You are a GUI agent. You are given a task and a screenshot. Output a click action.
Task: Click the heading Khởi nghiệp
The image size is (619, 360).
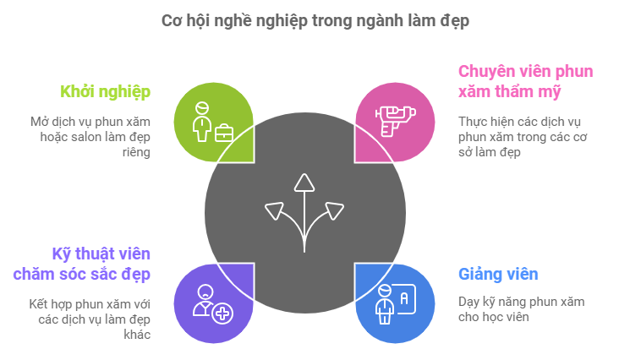pos(105,91)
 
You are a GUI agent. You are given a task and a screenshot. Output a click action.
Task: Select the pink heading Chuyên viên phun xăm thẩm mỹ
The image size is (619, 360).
pos(524,81)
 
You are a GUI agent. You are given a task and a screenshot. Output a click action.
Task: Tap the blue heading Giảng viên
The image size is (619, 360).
pos(497,275)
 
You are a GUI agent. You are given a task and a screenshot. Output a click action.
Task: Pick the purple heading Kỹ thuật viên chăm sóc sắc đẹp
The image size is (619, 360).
pos(82,264)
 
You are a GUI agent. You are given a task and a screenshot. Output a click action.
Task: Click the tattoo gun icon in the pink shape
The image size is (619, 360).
pos(393,121)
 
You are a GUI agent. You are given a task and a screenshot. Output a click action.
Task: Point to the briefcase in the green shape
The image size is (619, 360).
pos(224,133)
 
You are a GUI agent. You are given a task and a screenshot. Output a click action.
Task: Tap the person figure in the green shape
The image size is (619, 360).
pos(201,122)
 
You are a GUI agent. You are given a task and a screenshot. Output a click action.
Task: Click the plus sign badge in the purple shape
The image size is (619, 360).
pos(222,314)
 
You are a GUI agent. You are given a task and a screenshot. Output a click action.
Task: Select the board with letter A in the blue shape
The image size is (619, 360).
pos(404,298)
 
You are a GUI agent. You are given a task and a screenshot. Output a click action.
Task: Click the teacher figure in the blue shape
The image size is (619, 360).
pos(385,303)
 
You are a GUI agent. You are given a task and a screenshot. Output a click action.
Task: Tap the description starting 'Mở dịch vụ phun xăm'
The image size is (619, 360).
pos(89,136)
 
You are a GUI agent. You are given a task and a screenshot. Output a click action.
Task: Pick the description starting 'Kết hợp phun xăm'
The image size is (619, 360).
pos(89,319)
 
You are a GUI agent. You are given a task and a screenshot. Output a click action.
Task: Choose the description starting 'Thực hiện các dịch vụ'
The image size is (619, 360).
pos(523,136)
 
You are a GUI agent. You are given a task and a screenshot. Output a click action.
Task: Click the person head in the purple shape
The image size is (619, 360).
pos(203,295)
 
